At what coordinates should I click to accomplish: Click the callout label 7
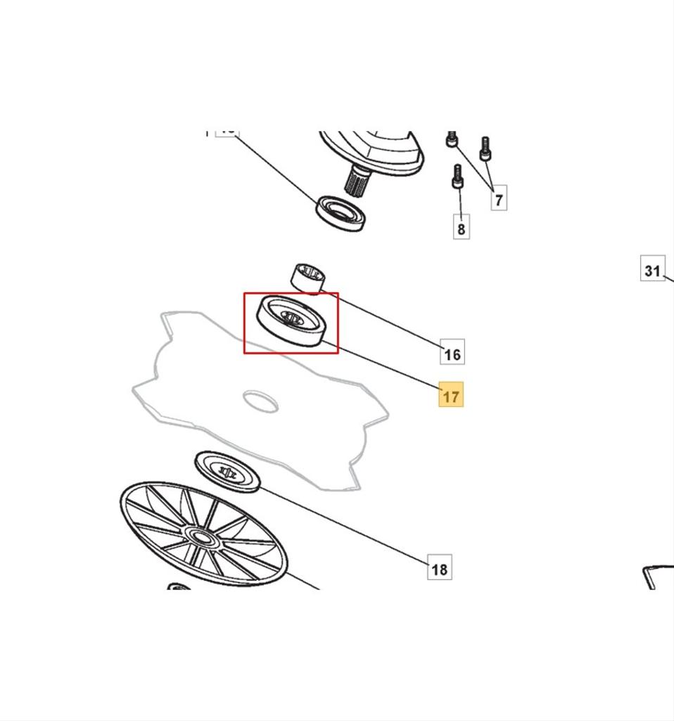[x=499, y=199]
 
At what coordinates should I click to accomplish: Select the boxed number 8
[x=461, y=229]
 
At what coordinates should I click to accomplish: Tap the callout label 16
[x=452, y=353]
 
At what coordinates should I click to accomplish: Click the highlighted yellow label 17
[x=451, y=396]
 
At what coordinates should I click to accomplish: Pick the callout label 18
[x=439, y=568]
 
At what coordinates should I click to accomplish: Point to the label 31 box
[x=652, y=270]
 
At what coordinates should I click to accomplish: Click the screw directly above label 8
[x=457, y=176]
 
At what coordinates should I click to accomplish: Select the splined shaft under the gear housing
[x=357, y=182]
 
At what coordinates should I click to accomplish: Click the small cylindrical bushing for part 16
[x=308, y=277]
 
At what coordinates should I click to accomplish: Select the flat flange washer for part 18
[x=227, y=470]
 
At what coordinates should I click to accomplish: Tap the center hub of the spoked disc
[x=201, y=537]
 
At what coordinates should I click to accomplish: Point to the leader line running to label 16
[x=387, y=321]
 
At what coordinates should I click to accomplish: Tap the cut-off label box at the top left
[x=227, y=132]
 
